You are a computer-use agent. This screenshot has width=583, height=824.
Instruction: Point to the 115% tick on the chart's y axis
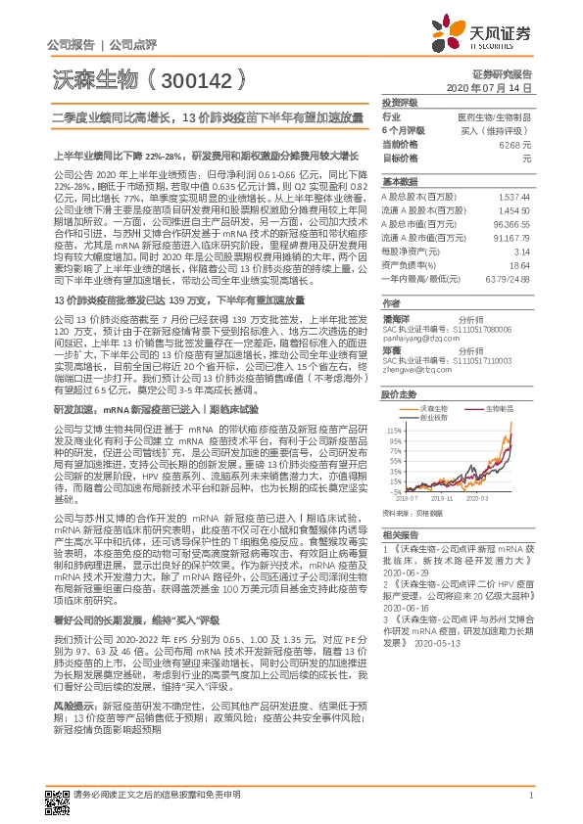click(x=392, y=429)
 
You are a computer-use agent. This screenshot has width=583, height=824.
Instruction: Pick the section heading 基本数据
click(x=399, y=182)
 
